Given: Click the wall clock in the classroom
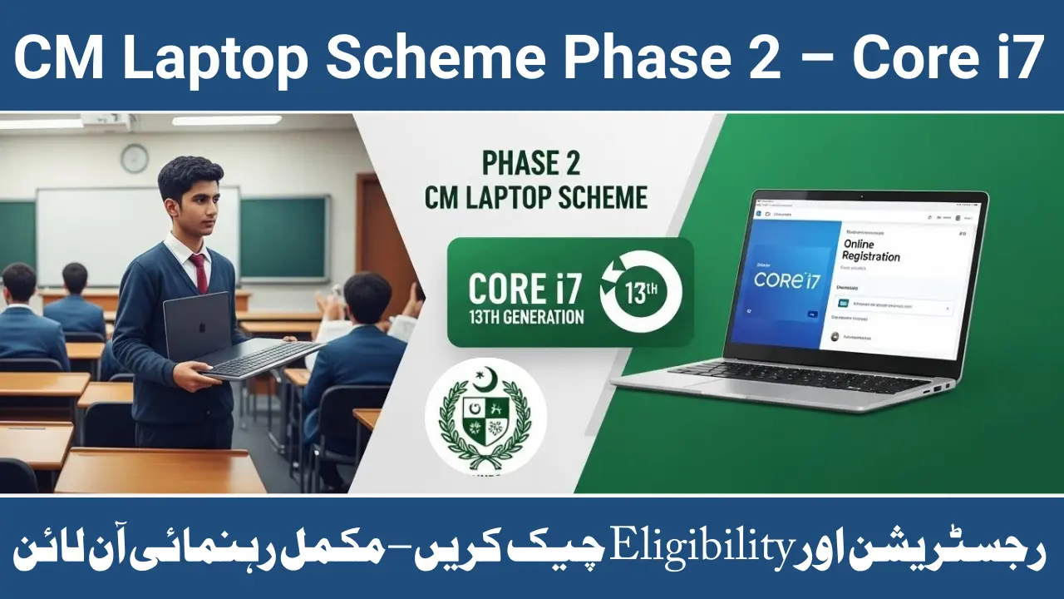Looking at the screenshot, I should pos(134,158).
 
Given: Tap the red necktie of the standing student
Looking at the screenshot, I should pos(199,273).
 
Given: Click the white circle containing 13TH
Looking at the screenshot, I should pos(639,292).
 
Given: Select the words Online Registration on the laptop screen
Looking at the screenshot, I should pos(871,250).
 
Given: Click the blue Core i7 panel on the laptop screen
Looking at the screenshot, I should pos(786,278).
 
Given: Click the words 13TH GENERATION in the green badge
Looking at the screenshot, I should pos(526,317).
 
